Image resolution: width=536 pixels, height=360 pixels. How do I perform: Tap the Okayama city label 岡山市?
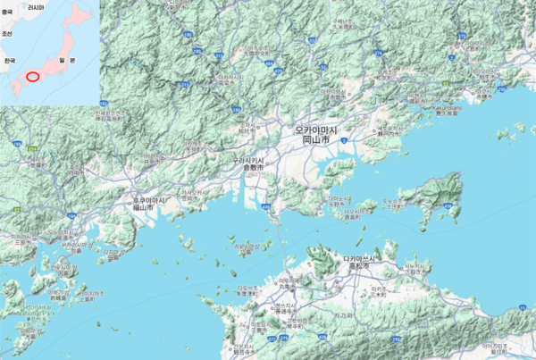[316, 141]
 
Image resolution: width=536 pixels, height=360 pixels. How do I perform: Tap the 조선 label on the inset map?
[7, 33]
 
